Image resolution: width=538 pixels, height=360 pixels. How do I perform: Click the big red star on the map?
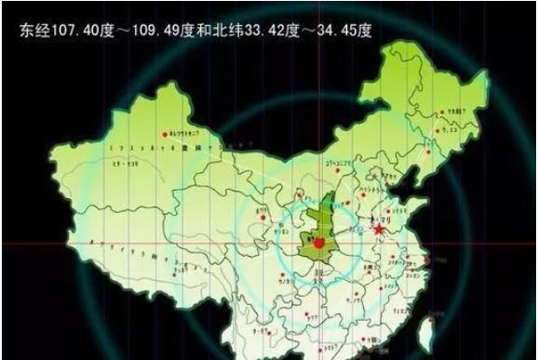click(x=379, y=228)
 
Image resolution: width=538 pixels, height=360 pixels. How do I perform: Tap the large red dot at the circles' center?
click(x=317, y=244)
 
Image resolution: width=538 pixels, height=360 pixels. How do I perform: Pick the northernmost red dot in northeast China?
click(x=444, y=110)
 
